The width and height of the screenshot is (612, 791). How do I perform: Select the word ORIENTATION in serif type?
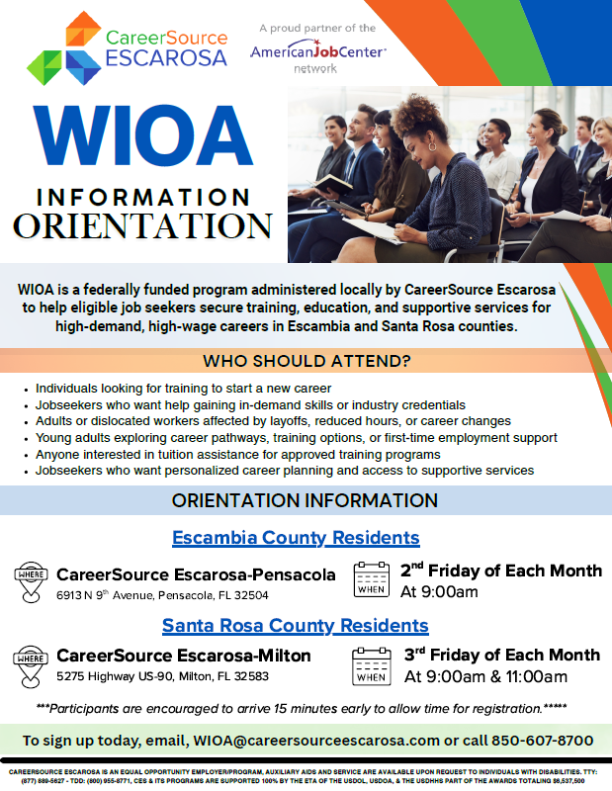[142, 224]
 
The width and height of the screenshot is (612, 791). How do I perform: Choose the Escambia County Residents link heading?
[296, 538]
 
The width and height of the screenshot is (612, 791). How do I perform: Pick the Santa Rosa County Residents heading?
[295, 625]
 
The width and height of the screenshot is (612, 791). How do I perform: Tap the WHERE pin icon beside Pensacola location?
[32, 582]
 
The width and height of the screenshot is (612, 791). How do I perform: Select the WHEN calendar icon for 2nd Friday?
[372, 579]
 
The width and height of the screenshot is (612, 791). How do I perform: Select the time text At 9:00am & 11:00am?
[484, 676]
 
